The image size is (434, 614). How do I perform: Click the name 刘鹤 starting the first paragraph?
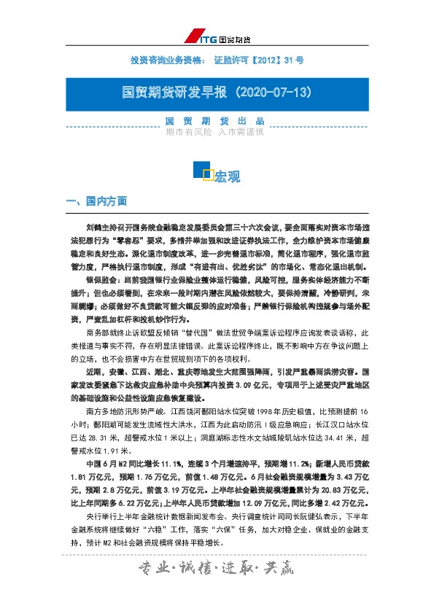(94, 227)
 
